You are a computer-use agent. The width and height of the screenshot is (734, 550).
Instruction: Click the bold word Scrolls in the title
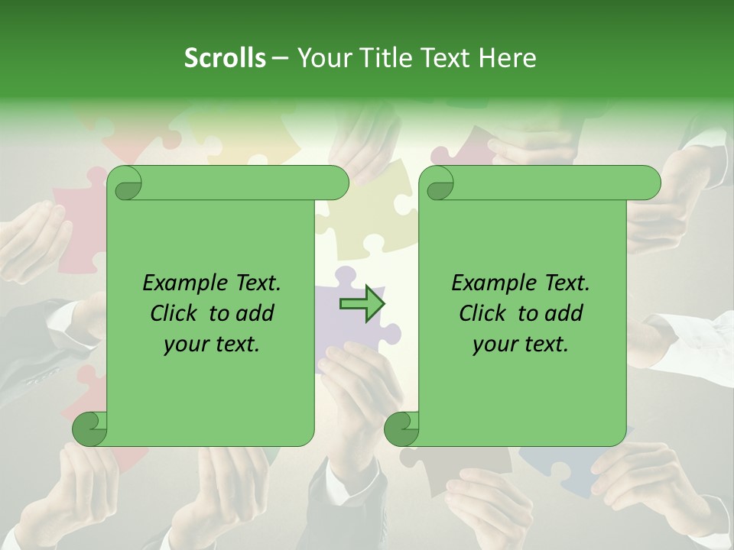pos(225,58)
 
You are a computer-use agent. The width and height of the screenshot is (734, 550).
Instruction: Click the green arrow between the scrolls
pos(362,304)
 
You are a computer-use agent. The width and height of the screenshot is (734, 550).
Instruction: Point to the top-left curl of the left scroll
pos(125,183)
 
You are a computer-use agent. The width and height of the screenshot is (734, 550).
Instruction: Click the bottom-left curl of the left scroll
pos(89,429)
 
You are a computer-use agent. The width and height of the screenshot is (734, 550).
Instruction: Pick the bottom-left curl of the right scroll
pos(401,429)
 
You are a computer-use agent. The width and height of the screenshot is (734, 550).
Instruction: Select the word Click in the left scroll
pos(176,313)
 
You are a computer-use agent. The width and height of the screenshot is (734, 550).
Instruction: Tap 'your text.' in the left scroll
pos(212,344)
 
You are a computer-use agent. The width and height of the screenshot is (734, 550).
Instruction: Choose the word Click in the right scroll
pos(485,313)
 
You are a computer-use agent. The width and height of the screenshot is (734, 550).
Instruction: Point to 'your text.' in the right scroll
pos(521,344)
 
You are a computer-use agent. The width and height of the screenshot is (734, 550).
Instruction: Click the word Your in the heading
pos(322,58)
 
